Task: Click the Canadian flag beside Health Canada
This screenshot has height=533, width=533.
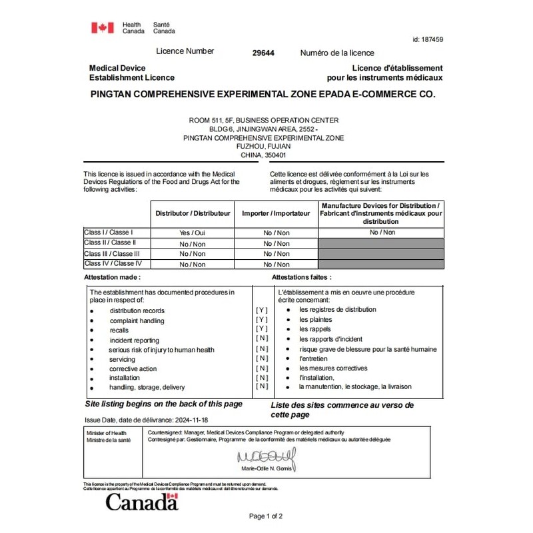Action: click(x=103, y=27)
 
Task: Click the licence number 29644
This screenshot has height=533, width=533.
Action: click(x=264, y=53)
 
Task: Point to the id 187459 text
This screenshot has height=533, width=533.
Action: click(x=428, y=39)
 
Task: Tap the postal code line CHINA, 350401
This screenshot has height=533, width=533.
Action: click(x=263, y=155)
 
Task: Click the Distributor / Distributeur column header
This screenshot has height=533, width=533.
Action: click(x=193, y=213)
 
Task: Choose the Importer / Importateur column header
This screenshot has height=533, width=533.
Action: click(x=276, y=213)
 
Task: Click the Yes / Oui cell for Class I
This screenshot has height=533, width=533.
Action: click(x=193, y=233)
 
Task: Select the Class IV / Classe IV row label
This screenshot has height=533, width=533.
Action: click(x=113, y=264)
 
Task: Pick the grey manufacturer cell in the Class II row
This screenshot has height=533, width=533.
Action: click(x=381, y=243)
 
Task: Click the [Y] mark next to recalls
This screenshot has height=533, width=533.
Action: click(x=262, y=329)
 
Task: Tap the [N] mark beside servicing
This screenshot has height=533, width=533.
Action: click(x=262, y=358)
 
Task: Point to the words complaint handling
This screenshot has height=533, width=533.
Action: click(x=137, y=320)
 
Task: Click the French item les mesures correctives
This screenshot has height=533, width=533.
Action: click(x=333, y=368)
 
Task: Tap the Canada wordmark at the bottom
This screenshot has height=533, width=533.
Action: click(x=142, y=502)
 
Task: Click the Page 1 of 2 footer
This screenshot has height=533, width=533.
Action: click(x=266, y=516)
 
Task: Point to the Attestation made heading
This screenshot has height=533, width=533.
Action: click(x=113, y=276)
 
